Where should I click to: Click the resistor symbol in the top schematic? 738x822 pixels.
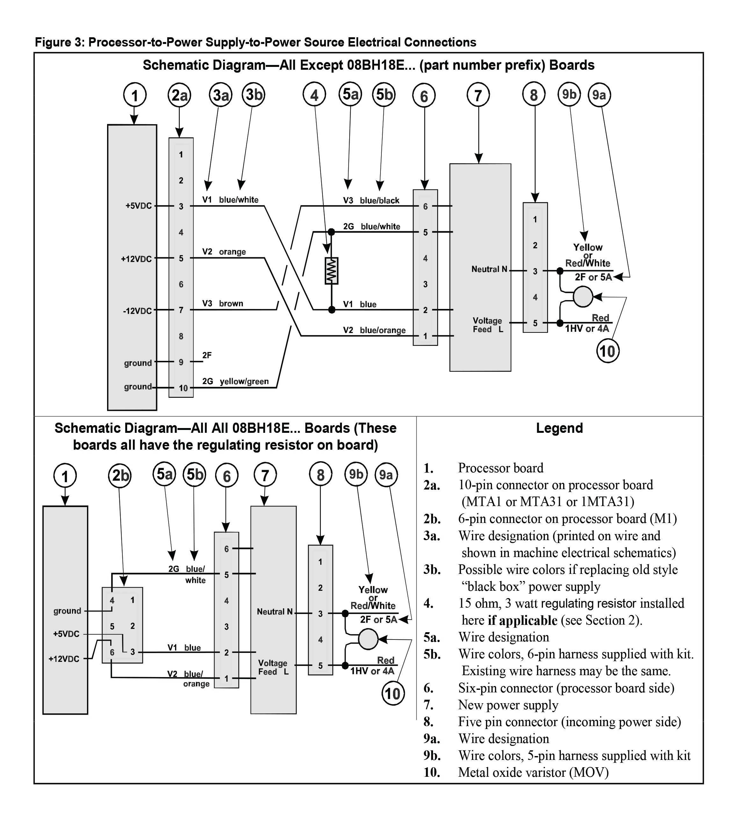pos(331,271)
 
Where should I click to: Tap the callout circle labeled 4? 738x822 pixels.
pos(314,96)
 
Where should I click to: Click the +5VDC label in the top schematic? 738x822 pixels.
pos(138,206)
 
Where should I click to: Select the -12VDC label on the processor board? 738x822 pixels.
pos(137,311)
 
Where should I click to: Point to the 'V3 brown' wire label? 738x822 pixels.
pos(223,304)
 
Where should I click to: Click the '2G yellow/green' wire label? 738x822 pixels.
pos(235,382)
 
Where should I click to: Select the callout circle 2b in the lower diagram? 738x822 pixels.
pos(120,475)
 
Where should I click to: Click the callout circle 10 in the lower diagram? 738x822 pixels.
pos(393,694)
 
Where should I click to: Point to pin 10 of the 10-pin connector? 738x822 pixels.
pos(183,388)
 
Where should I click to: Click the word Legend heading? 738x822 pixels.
pos(559,428)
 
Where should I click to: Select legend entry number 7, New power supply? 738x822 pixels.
pos(508,705)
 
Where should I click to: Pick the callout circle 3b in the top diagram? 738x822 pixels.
pos(254,95)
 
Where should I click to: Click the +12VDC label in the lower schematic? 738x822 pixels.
pos(64,659)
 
